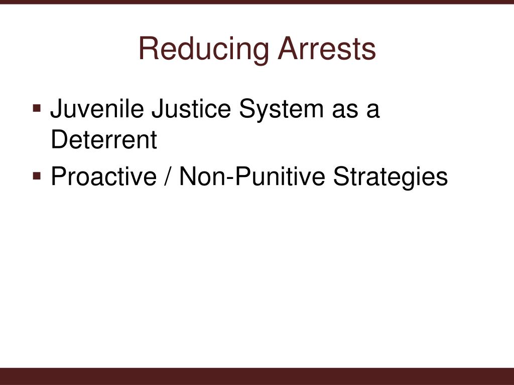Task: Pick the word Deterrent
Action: click(104, 140)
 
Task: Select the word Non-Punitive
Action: click(251, 176)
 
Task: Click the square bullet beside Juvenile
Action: click(38, 108)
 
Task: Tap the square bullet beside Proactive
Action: click(38, 176)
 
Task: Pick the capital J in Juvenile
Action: click(56, 109)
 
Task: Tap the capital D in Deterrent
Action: click(58, 140)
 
